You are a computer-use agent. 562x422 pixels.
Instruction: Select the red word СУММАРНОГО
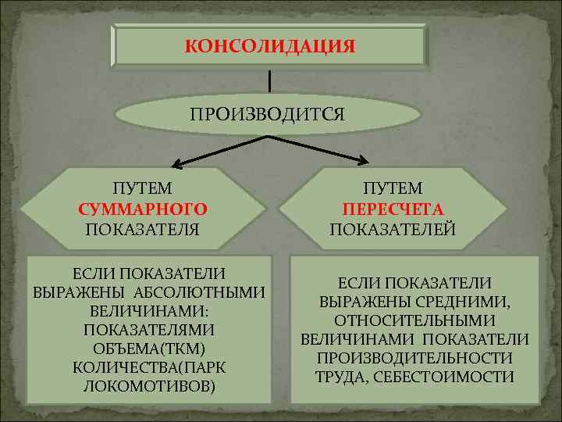(143, 209)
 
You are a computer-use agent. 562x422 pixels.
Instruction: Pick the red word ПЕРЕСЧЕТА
(393, 209)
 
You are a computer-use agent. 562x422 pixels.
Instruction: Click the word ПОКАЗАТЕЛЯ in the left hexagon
(143, 229)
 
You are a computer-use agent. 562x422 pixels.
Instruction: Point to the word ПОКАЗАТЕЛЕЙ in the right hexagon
(393, 229)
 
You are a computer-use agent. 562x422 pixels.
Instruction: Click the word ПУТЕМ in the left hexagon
(143, 189)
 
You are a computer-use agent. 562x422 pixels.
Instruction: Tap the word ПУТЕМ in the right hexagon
(393, 189)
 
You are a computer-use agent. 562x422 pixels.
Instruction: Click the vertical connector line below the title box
(269, 80)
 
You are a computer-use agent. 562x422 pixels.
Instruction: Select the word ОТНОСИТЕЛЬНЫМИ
(414, 320)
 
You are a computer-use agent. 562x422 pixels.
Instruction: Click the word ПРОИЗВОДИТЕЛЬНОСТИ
(414, 358)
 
